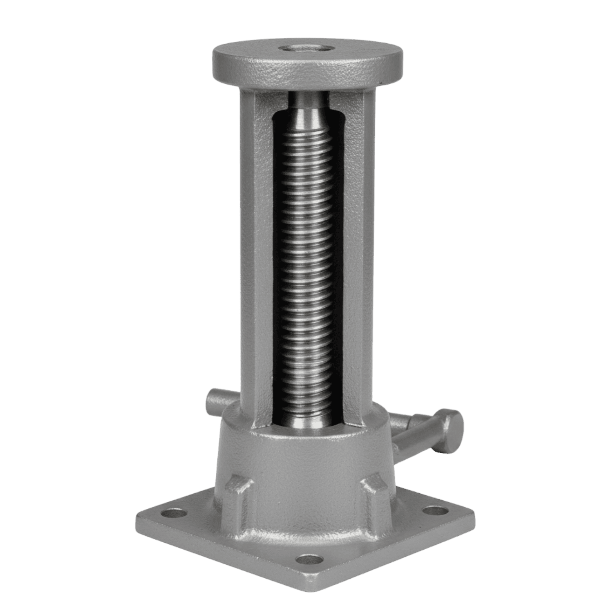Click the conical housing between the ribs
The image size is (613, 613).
click(306, 470)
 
